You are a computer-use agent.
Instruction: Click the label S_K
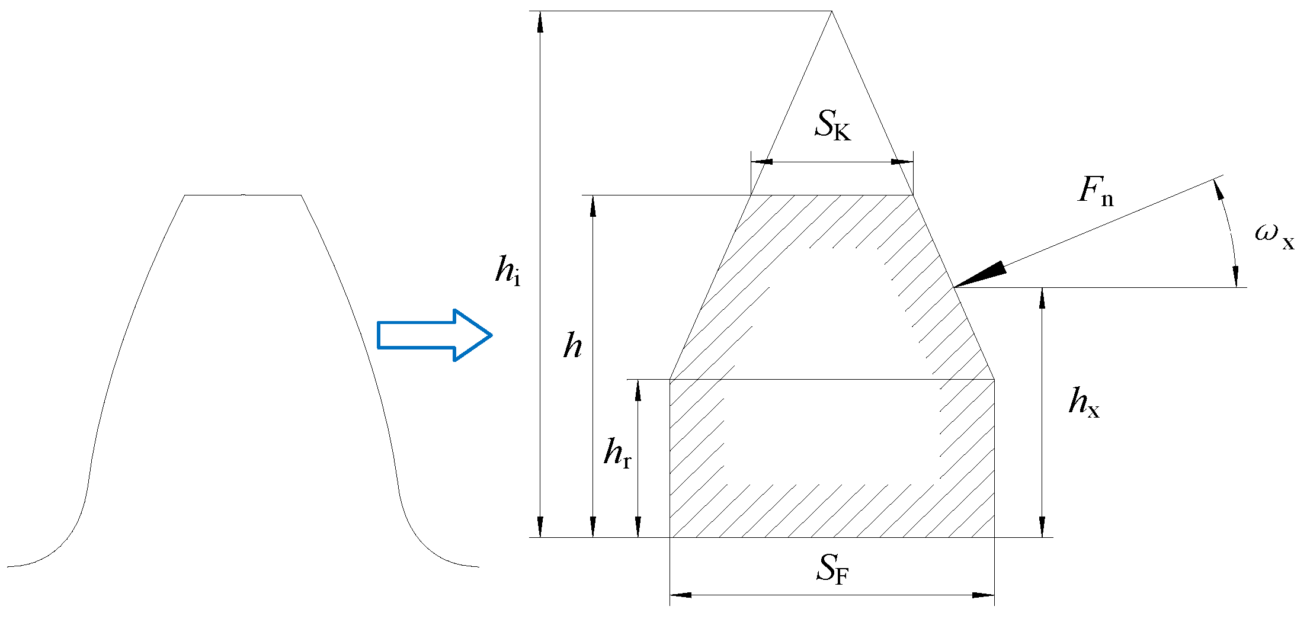832,125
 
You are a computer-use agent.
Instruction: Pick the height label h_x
1084,402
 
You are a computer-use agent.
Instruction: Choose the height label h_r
617,454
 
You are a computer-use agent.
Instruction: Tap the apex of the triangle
831,11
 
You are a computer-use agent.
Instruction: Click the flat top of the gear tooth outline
243,195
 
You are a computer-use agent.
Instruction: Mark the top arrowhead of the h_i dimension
540,21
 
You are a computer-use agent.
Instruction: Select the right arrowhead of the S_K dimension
903,162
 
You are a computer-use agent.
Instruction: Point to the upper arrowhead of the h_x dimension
1042,297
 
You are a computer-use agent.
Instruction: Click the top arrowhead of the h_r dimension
638,389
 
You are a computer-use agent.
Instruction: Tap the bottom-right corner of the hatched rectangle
994,537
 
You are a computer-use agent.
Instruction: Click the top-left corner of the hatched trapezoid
751,195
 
